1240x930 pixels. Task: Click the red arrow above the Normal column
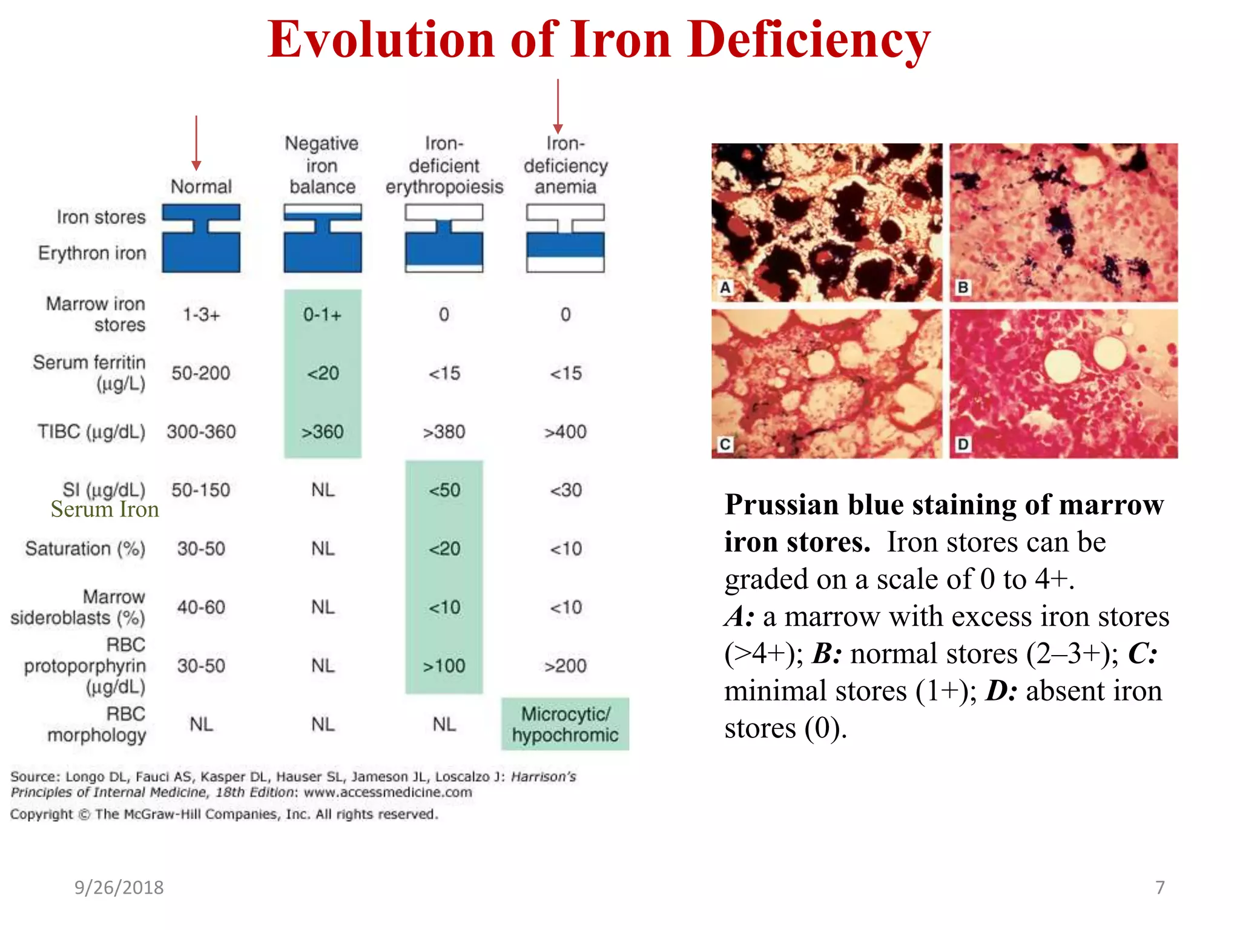click(x=196, y=143)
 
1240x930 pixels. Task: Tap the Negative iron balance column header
click(x=322, y=165)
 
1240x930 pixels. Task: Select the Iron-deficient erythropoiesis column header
click(x=444, y=165)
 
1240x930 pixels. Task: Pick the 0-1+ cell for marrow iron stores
click(x=322, y=315)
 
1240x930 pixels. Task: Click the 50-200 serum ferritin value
click(x=200, y=373)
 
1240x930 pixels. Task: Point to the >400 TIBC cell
click(x=565, y=432)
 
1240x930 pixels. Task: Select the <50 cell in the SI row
click(x=444, y=490)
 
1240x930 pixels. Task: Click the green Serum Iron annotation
click(x=104, y=509)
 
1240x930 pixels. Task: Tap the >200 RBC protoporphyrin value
click(x=565, y=666)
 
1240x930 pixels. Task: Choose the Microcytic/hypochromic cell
click(x=565, y=724)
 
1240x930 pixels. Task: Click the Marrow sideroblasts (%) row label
click(x=79, y=607)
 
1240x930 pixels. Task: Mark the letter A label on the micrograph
click(x=725, y=288)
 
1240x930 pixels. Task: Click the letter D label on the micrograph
click(x=963, y=444)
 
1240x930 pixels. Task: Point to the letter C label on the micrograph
click(x=725, y=444)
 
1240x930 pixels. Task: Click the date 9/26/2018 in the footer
click(x=119, y=888)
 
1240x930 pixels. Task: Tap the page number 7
click(x=1159, y=888)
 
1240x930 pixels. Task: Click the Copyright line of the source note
click(x=224, y=814)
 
